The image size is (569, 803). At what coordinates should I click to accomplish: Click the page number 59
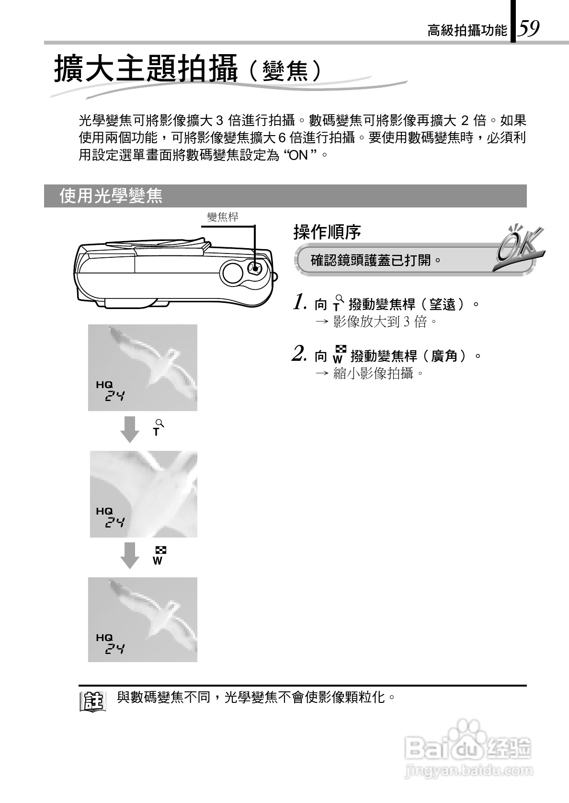tap(529, 28)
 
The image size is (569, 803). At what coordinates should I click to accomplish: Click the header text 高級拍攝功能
tap(467, 31)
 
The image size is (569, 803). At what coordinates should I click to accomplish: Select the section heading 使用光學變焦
tap(111, 195)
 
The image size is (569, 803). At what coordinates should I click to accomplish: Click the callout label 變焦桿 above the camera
tap(222, 217)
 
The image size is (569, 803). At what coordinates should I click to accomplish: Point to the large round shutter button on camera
tap(233, 273)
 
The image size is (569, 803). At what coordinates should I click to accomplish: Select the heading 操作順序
tap(327, 232)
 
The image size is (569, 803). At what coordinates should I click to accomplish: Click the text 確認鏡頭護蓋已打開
tap(376, 261)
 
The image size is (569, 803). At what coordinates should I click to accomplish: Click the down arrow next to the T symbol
tap(129, 429)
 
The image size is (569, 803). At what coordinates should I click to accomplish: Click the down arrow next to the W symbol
tap(129, 555)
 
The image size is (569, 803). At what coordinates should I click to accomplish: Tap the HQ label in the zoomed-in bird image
tap(104, 511)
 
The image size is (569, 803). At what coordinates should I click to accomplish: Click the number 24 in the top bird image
tap(115, 396)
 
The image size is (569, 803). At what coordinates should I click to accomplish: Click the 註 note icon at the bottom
tap(92, 702)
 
